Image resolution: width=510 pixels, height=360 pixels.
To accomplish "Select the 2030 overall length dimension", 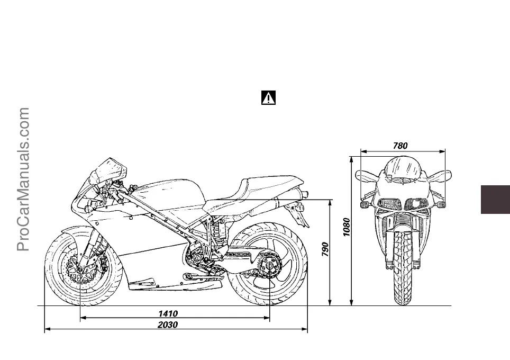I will tap(168, 325).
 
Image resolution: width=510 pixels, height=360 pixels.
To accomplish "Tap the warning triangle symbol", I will tap(269, 98).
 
